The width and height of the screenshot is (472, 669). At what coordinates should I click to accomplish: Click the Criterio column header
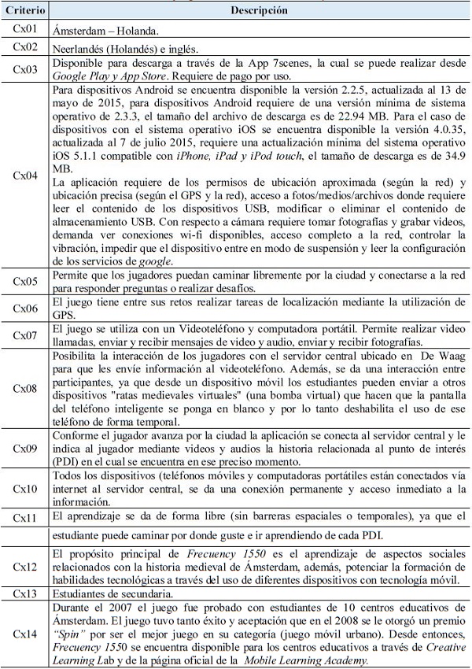(x=26, y=12)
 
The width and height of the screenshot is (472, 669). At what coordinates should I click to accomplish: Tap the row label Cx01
(x=26, y=30)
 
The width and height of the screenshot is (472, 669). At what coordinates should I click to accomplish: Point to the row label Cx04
(x=26, y=176)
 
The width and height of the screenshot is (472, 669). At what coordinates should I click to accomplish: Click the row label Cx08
(x=26, y=387)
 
